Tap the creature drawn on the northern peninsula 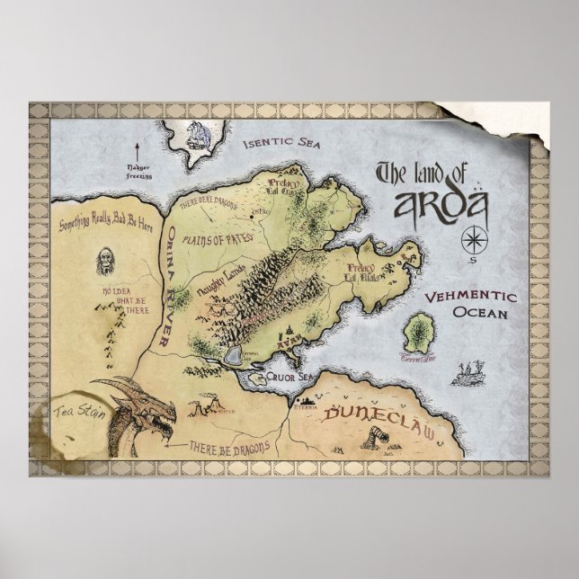(195, 134)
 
